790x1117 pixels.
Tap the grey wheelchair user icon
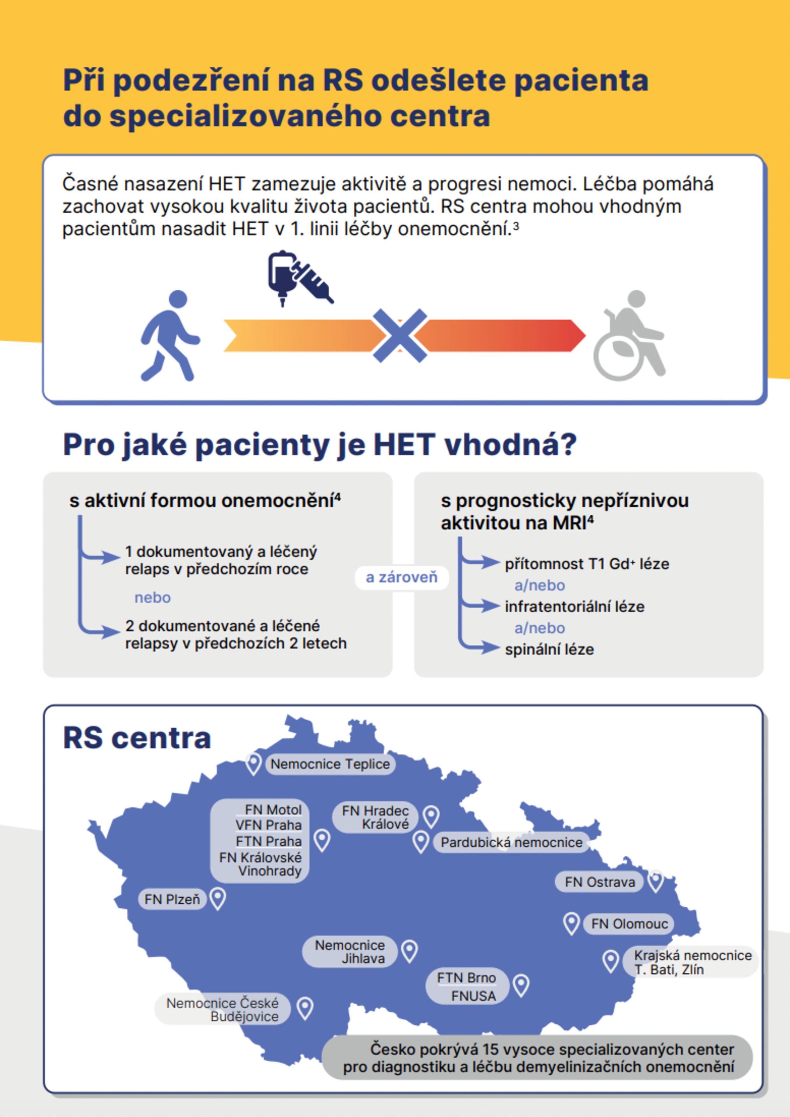(x=630, y=336)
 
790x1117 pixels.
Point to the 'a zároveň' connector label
(x=402, y=577)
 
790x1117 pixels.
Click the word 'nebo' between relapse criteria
(x=152, y=597)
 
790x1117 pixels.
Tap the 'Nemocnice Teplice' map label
(x=330, y=764)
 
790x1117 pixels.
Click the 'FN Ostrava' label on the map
(x=600, y=882)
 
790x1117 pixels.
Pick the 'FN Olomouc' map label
(x=630, y=923)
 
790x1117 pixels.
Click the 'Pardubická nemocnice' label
(x=511, y=842)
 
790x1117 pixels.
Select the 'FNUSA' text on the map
(x=473, y=996)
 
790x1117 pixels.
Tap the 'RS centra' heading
(x=137, y=738)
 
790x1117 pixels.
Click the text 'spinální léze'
(x=549, y=649)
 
